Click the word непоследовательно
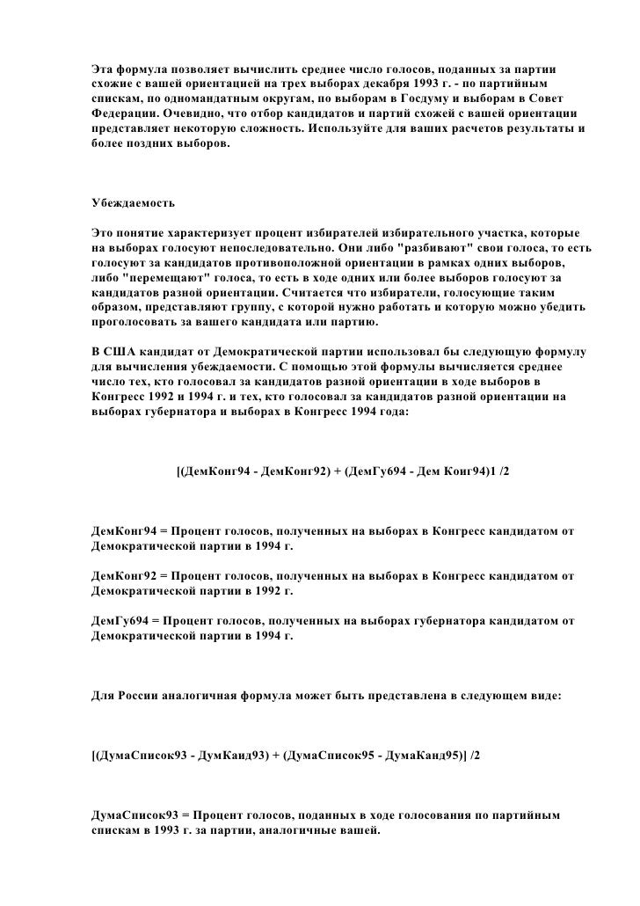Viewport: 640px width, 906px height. tap(267, 248)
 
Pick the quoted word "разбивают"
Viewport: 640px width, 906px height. tap(437, 248)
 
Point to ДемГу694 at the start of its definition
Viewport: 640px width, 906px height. tap(121, 620)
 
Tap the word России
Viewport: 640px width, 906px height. tap(139, 695)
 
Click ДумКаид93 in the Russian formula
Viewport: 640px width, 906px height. tap(231, 756)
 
